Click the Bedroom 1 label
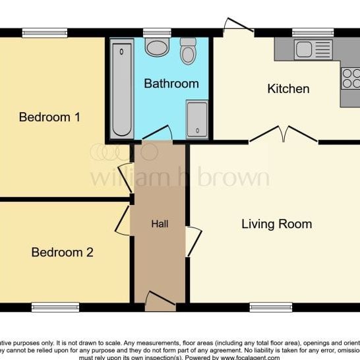pyautogui.click(x=49, y=117)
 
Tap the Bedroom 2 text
pyautogui.click(x=63, y=252)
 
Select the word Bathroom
pyautogui.click(x=171, y=84)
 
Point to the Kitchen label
pyautogui.click(x=288, y=89)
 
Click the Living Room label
pyautogui.click(x=276, y=224)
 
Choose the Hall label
pyautogui.click(x=160, y=224)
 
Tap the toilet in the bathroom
pyautogui.click(x=188, y=51)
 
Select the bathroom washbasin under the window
pyautogui.click(x=157, y=47)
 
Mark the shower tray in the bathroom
pyautogui.click(x=196, y=119)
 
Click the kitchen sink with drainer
pyautogui.click(x=313, y=49)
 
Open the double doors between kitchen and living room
pyautogui.click(x=284, y=135)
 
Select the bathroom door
pyautogui.click(x=157, y=135)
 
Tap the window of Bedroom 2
pyautogui.click(x=55, y=307)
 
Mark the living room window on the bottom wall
pyautogui.click(x=270, y=307)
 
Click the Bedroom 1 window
pyautogui.click(x=44, y=33)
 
